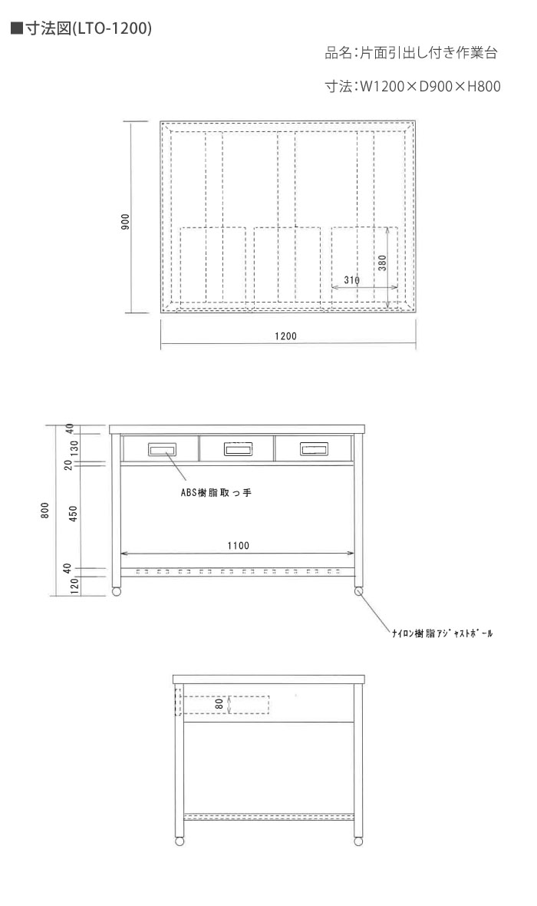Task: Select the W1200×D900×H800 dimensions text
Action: [x=430, y=87]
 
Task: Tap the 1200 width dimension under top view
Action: [x=286, y=336]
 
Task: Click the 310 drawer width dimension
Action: [x=351, y=280]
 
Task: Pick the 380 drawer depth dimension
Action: [x=382, y=263]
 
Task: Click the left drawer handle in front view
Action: [x=162, y=449]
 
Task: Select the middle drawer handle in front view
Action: [x=238, y=449]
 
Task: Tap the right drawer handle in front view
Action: [x=314, y=448]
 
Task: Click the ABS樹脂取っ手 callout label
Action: [x=216, y=493]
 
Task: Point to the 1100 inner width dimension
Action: [x=238, y=545]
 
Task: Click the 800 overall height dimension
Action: [x=45, y=511]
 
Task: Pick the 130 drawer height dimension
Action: [x=73, y=447]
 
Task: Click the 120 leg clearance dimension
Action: [x=74, y=587]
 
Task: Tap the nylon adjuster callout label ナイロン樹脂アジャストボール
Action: [x=443, y=633]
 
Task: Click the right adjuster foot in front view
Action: [x=358, y=592]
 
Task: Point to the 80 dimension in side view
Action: [x=219, y=704]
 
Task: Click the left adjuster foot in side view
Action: [x=180, y=842]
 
